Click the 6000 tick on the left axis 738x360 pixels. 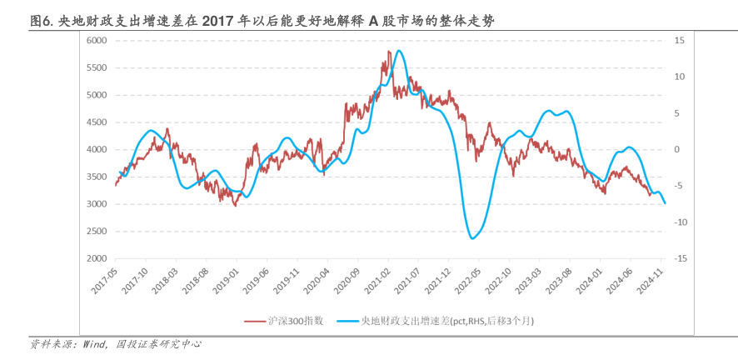click(97, 40)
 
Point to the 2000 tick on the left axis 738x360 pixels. click(97, 259)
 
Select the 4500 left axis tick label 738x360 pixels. click(97, 122)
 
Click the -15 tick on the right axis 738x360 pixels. click(680, 259)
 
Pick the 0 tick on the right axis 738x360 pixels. click(677, 150)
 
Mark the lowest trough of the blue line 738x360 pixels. click(472, 239)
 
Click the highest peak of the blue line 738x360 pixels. click(400, 51)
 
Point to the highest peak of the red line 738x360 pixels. click(389, 52)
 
